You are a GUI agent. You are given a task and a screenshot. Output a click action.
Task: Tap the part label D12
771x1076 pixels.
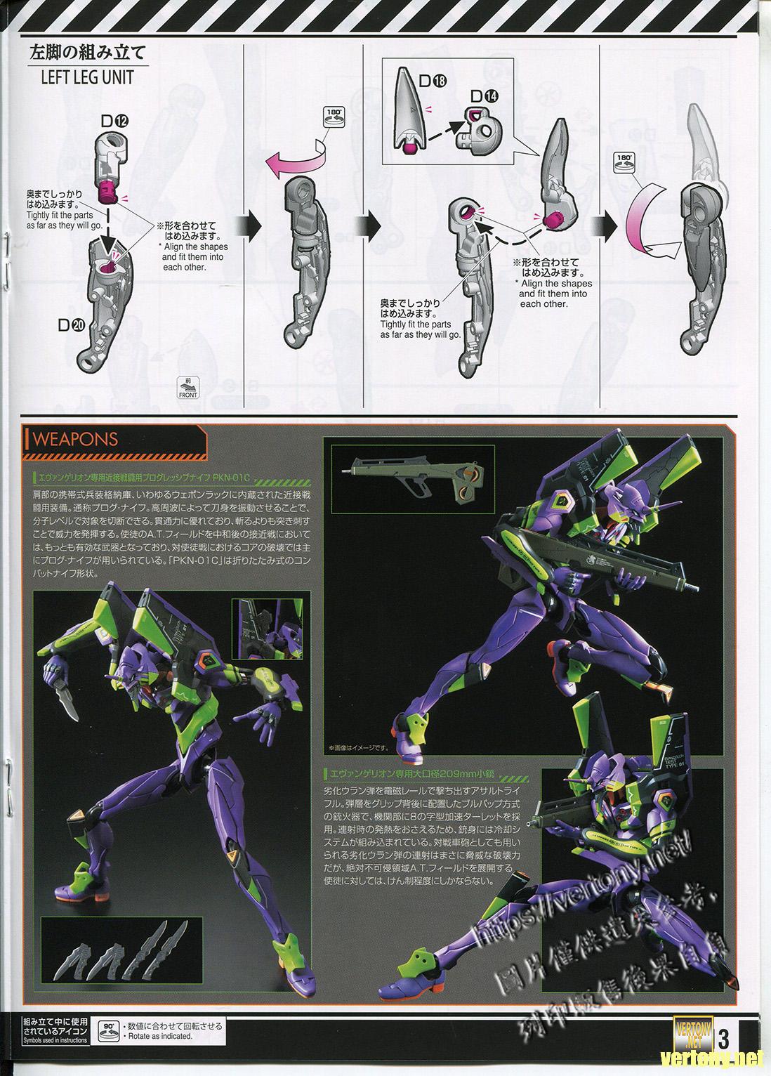(115, 122)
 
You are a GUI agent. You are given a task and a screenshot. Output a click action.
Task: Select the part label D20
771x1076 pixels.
(73, 324)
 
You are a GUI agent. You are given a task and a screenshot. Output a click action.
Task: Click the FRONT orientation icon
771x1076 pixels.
(188, 388)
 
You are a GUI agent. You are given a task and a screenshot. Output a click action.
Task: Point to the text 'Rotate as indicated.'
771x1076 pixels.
(159, 1036)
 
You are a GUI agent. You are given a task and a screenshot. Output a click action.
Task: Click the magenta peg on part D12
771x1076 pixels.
(107, 188)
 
